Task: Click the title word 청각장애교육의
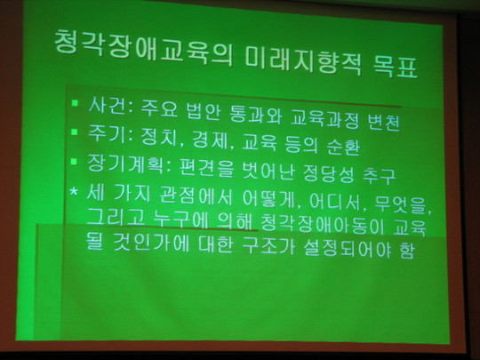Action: pos(143,50)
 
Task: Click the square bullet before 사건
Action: pos(75,102)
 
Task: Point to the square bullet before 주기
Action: pos(75,132)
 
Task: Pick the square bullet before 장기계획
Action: pos(75,161)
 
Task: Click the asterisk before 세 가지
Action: pos(74,192)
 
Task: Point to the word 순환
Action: pos(343,147)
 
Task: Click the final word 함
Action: pos(406,250)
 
